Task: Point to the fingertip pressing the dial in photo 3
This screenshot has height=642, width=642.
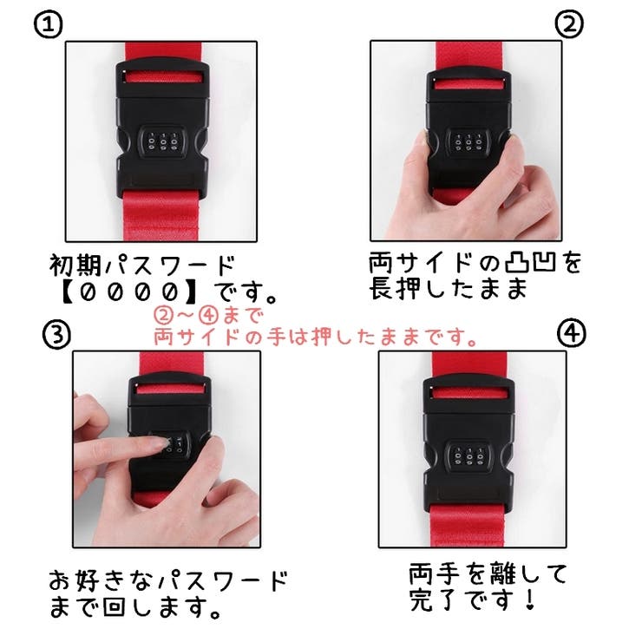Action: point(156,443)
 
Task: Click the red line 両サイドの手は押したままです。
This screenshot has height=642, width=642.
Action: point(316,337)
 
